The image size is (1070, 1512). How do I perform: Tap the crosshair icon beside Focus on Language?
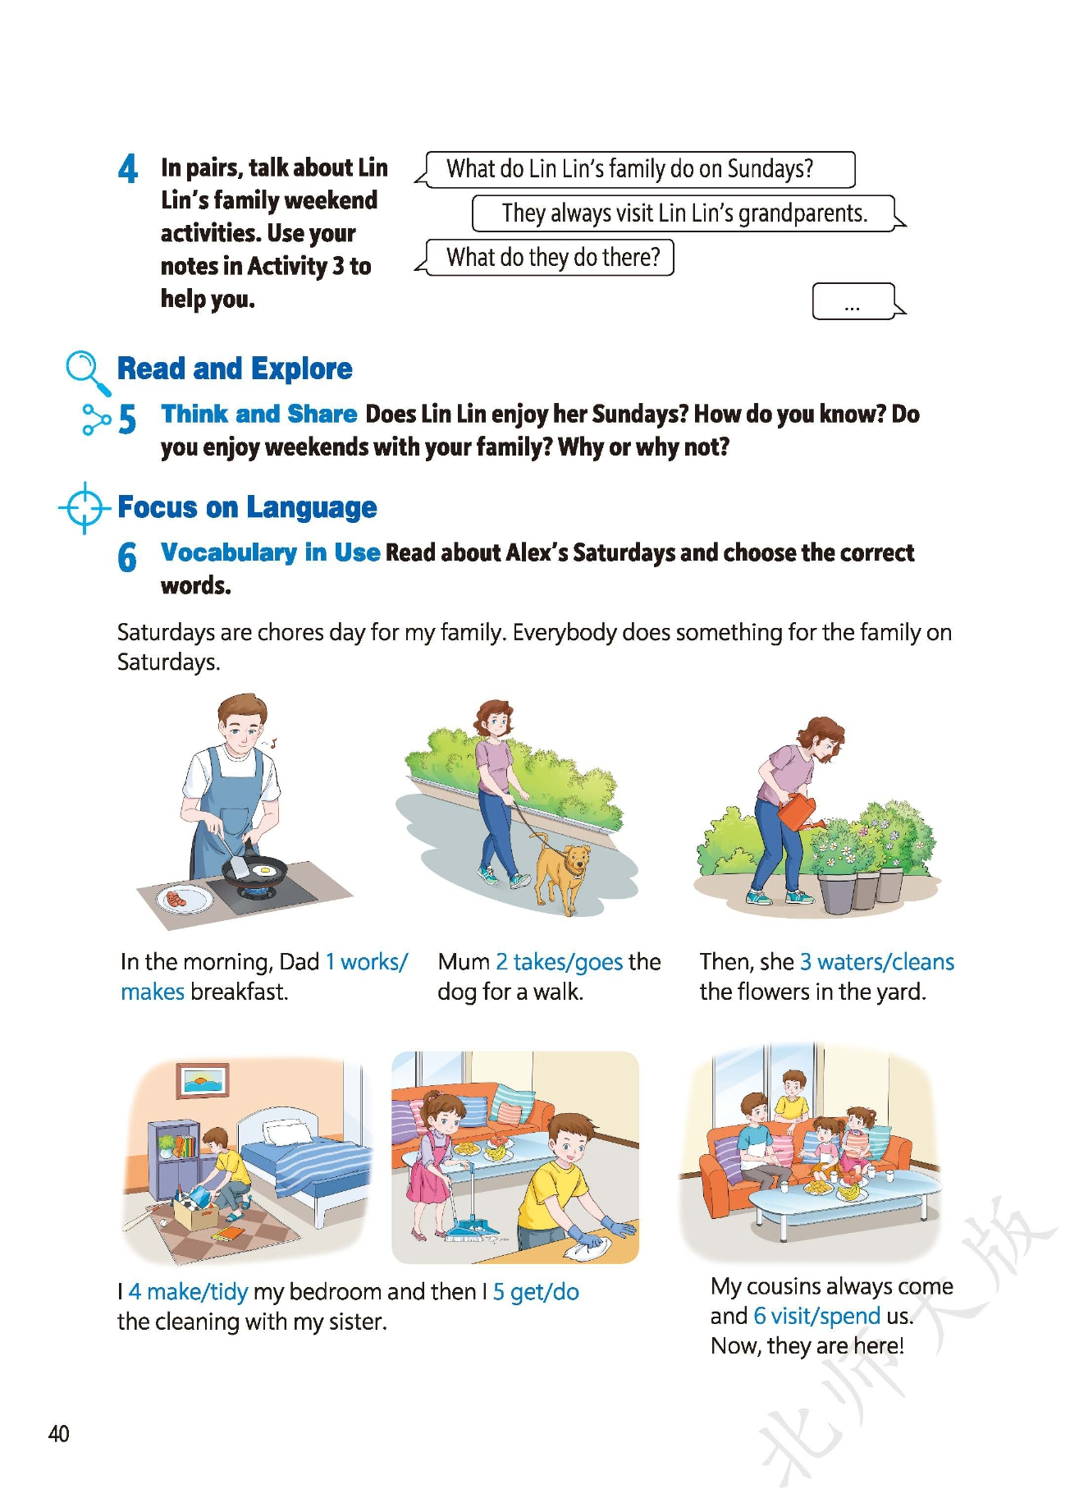pyautogui.click(x=85, y=508)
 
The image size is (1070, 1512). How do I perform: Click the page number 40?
pyautogui.click(x=59, y=1434)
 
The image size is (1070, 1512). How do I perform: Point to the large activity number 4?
pyautogui.click(x=128, y=169)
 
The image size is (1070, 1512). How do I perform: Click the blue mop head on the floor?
pyautogui.click(x=469, y=1230)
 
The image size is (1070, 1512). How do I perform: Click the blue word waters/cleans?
pyautogui.click(x=877, y=962)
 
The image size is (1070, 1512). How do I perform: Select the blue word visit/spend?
pyautogui.click(x=817, y=1316)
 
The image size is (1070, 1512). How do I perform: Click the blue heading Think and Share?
pyautogui.click(x=259, y=414)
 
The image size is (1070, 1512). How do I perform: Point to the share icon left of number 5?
pyautogui.click(x=96, y=419)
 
